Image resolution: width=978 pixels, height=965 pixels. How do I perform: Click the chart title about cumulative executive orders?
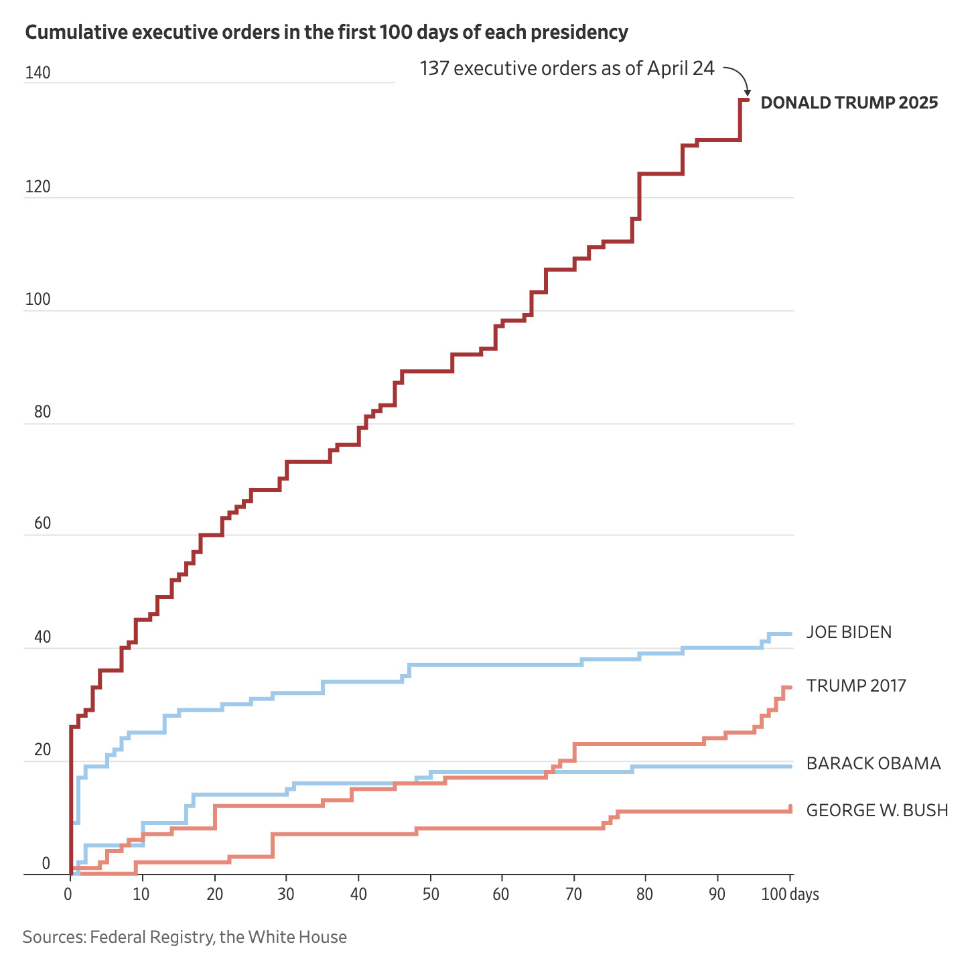(x=326, y=32)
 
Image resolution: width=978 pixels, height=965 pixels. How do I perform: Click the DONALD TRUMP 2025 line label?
(x=849, y=103)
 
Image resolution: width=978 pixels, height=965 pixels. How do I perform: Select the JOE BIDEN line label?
(x=849, y=632)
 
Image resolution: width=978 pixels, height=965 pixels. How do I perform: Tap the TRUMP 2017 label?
(x=855, y=686)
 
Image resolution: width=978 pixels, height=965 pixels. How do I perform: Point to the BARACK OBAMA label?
(x=874, y=763)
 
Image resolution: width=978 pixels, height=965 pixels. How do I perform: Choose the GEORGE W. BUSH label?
(x=877, y=810)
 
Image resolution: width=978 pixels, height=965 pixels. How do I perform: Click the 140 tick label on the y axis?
(x=38, y=74)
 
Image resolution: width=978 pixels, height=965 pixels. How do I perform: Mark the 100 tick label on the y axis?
(x=38, y=300)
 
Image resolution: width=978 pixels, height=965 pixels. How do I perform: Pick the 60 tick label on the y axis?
(x=42, y=524)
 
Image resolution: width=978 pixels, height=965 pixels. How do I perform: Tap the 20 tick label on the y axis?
(x=42, y=750)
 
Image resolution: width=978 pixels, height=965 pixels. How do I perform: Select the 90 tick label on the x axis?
(x=717, y=895)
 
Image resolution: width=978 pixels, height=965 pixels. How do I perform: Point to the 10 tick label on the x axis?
(x=141, y=895)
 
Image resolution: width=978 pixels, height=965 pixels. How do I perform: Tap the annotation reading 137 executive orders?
(x=567, y=68)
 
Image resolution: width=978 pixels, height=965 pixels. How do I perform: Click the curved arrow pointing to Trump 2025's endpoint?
(x=740, y=77)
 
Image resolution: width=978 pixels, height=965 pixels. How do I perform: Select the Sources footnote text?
(x=184, y=937)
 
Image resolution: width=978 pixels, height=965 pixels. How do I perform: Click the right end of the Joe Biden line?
(x=790, y=633)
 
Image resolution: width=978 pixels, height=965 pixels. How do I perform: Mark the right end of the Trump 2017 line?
(x=790, y=687)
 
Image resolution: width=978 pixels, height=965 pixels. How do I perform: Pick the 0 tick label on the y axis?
(x=46, y=863)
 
